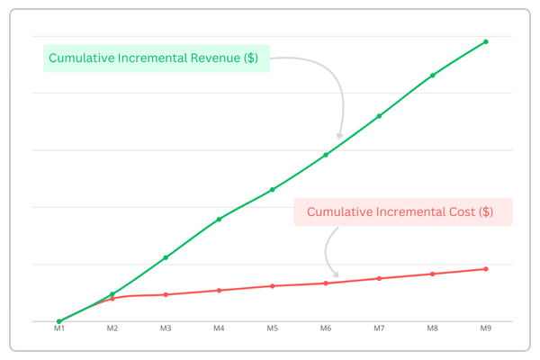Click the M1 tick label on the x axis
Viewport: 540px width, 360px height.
(58, 330)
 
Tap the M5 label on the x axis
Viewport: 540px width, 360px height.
(272, 330)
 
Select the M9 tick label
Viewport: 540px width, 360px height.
(486, 330)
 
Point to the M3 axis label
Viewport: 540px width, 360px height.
(166, 330)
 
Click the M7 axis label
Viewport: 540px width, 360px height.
(379, 330)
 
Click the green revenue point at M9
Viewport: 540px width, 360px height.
(486, 41)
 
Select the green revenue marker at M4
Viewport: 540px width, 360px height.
(219, 219)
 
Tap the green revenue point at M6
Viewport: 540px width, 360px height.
(326, 155)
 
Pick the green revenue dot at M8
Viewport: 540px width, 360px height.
(433, 75)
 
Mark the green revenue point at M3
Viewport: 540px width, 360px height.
(166, 257)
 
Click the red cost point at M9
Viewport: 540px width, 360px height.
(486, 269)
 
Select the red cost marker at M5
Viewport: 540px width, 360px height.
(272, 286)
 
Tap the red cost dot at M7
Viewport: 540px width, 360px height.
(379, 278)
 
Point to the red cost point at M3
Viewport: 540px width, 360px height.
(166, 294)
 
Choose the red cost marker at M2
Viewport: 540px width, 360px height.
(112, 298)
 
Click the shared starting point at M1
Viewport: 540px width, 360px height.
(58, 321)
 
